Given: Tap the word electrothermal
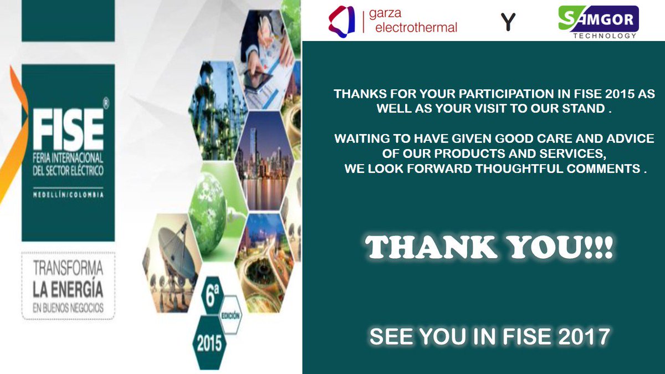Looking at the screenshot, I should point(416,27).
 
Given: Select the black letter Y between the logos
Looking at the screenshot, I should point(508,22).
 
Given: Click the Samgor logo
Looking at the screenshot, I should point(597,18).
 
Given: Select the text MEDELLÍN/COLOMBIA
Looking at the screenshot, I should point(68,194).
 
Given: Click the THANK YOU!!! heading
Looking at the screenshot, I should point(489,248).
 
